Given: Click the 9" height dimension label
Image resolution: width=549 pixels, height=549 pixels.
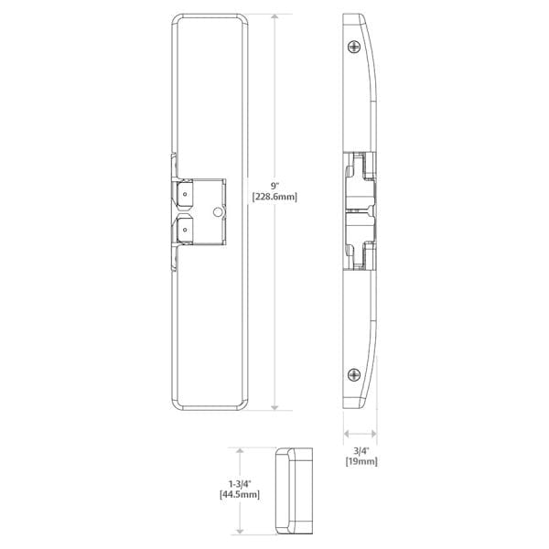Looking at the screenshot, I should click(x=277, y=183).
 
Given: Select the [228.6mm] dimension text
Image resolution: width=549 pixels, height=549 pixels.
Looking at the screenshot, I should click(x=277, y=196).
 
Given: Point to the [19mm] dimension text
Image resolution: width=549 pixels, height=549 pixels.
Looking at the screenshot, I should click(x=362, y=461).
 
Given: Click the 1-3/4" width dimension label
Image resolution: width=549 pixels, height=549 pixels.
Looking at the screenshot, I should click(x=241, y=482).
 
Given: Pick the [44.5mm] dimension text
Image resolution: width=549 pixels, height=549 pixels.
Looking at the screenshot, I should click(x=241, y=495).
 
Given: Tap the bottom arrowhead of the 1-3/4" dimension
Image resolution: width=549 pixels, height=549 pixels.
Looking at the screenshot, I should click(x=241, y=533).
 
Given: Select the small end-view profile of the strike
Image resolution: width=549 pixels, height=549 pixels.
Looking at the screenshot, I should click(x=293, y=491).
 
